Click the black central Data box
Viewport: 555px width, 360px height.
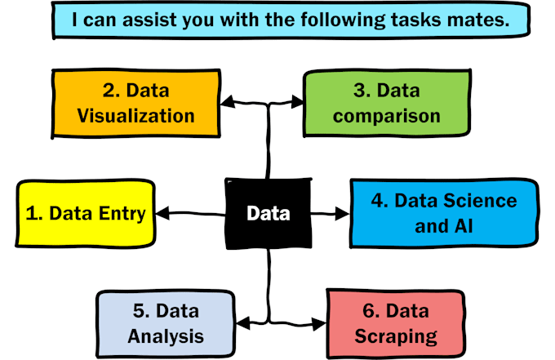[269, 214]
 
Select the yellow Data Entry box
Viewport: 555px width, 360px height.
[86, 214]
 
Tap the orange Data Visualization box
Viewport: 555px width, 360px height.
[135, 104]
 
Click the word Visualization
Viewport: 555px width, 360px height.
[135, 116]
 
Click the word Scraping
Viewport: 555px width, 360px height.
[396, 335]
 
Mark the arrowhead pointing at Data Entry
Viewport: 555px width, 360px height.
[161, 214]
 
